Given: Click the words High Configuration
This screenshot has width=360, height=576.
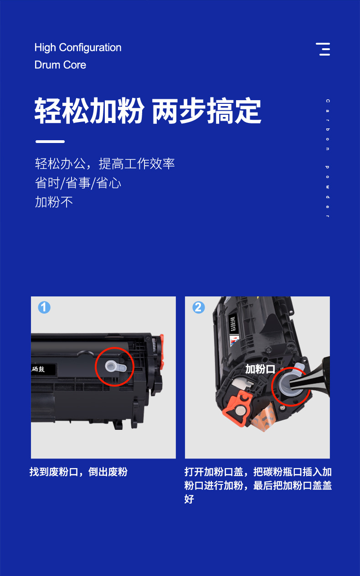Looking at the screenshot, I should pyautogui.click(x=78, y=48).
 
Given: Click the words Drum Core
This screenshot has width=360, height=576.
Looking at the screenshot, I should pyautogui.click(x=60, y=65).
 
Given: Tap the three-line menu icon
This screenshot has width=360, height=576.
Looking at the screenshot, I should pyautogui.click(x=324, y=49).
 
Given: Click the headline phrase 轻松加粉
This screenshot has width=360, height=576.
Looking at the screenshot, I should pyautogui.click(x=89, y=111).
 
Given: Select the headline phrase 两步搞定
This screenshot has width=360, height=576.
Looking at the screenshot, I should pyautogui.click(x=206, y=111).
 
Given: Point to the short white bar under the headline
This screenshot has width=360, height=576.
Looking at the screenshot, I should pyautogui.click(x=50, y=142).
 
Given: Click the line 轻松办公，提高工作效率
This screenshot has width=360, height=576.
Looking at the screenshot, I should pyautogui.click(x=105, y=164).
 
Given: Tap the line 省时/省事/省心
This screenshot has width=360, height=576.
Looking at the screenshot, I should pyautogui.click(x=78, y=183).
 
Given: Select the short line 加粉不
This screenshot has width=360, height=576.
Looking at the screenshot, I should pyautogui.click(x=54, y=202).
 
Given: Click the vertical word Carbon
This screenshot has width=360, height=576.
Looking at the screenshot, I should pyautogui.click(x=327, y=125).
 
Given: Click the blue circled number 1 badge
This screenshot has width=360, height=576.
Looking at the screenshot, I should pyautogui.click(x=44, y=308).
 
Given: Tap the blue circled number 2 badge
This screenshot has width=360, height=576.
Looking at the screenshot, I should pyautogui.click(x=198, y=308).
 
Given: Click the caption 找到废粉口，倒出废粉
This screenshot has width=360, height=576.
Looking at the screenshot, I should pyautogui.click(x=78, y=472).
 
